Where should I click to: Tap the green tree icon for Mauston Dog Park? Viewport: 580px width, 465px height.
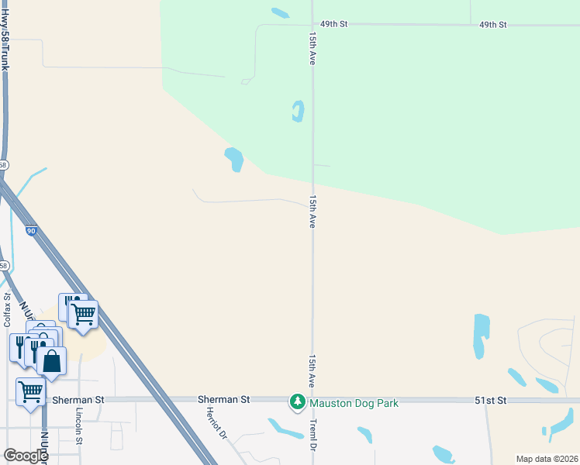(x=297, y=402)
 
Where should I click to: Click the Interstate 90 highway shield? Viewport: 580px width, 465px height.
(x=30, y=230)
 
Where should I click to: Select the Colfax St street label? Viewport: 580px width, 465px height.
(x=7, y=308)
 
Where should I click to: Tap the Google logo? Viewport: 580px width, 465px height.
(x=26, y=456)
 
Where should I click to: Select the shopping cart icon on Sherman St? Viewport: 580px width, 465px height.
(x=30, y=392)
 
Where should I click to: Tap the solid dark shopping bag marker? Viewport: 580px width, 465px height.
(x=51, y=362)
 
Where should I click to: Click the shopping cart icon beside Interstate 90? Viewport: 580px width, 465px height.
(x=83, y=314)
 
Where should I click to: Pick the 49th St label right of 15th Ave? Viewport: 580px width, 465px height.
(x=492, y=25)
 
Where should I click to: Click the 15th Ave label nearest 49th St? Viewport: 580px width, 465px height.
(x=312, y=48)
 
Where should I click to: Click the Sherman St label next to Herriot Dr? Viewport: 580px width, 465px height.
(x=223, y=399)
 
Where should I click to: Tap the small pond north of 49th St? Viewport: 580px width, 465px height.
(x=280, y=12)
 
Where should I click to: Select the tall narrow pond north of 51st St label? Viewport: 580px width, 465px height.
(x=482, y=336)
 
